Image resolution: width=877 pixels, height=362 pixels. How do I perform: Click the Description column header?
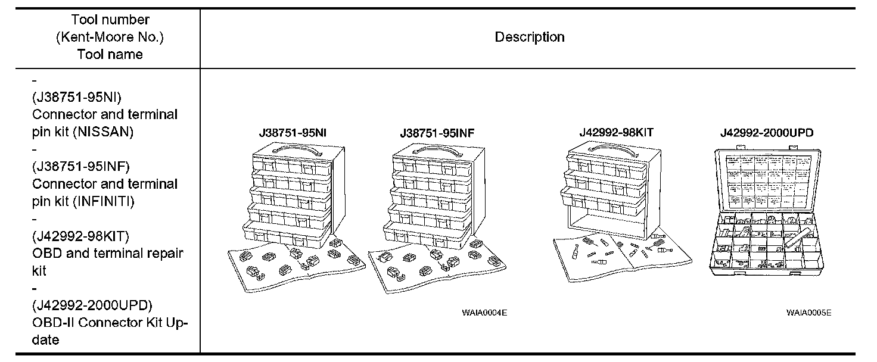tap(529, 37)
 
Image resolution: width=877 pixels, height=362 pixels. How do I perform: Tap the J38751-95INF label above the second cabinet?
tap(437, 133)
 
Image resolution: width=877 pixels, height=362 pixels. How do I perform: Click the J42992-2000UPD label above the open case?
tap(766, 133)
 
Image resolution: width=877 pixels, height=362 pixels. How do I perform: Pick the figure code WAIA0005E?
tap(808, 311)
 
